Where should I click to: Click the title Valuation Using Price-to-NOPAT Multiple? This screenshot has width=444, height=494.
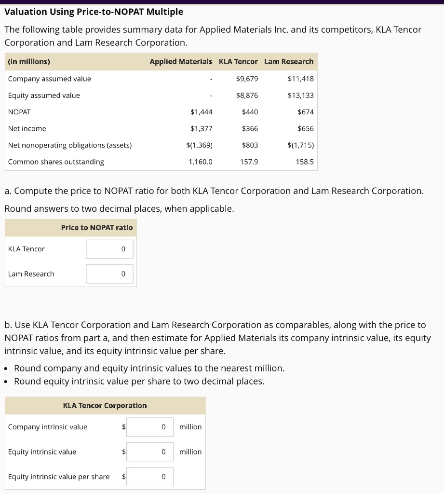[94, 12]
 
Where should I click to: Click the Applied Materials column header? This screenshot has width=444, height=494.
[180, 62]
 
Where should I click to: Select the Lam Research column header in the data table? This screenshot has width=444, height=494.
[288, 62]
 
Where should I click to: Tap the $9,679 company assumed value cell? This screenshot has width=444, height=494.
[247, 79]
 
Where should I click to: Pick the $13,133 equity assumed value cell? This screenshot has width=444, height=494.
[300, 96]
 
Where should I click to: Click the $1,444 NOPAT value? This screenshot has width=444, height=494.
[201, 112]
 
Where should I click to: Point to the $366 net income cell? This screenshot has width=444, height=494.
[250, 128]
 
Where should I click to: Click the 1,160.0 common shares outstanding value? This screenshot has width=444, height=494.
[200, 162]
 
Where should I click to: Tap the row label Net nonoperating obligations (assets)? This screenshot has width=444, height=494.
[70, 145]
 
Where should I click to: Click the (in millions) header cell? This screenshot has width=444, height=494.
[29, 62]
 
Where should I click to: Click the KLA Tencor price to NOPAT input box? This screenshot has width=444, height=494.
[109, 249]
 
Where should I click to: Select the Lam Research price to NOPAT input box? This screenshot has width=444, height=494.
[109, 274]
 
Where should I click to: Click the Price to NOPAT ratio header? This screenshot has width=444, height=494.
[96, 227]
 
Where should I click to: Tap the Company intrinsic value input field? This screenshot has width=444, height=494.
[150, 427]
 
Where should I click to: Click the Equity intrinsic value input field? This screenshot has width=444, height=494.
[150, 452]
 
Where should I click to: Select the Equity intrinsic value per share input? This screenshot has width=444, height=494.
[150, 477]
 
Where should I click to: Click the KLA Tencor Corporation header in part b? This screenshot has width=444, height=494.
[105, 406]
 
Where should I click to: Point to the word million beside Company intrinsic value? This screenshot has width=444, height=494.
[190, 427]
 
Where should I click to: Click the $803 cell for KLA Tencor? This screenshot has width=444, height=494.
[250, 145]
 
